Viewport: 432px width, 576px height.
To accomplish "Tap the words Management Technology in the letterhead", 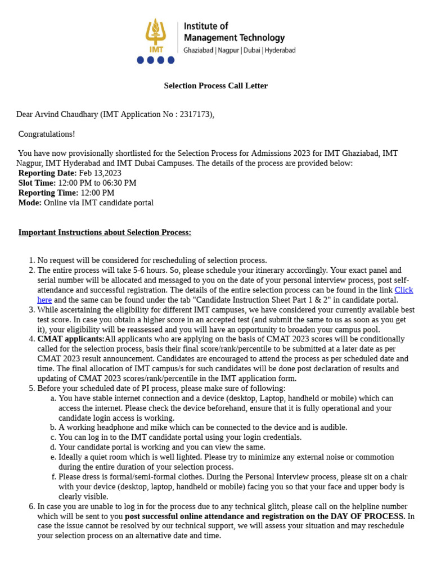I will pyautogui.click(x=234, y=38).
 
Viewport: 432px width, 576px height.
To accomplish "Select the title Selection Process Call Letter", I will pyautogui.click(x=215, y=86).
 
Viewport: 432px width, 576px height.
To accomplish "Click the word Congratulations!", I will pyautogui.click(x=47, y=134).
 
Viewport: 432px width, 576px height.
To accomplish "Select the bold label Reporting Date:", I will pyautogui.click(x=47, y=173).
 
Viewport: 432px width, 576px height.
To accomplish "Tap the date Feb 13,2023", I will pyautogui.click(x=100, y=173).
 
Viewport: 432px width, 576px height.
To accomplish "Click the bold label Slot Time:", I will pyautogui.click(x=37, y=183).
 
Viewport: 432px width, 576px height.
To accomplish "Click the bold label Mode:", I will pyautogui.click(x=30, y=202).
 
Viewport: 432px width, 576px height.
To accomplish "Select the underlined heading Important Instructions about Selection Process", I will pyautogui.click(x=105, y=233).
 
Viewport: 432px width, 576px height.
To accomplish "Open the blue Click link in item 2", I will pyautogui.click(x=403, y=290).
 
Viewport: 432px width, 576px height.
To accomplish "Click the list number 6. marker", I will pyautogui.click(x=31, y=507).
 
